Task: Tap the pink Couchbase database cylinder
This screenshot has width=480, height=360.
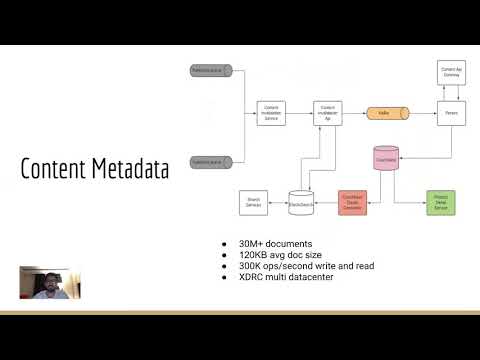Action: pos(385,158)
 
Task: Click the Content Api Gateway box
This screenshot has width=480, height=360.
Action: pos(451,72)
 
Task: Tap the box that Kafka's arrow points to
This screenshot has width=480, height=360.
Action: pos(451,114)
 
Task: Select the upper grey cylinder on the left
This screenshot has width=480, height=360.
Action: pos(211,70)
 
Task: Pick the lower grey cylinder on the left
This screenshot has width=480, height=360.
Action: pos(211,159)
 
